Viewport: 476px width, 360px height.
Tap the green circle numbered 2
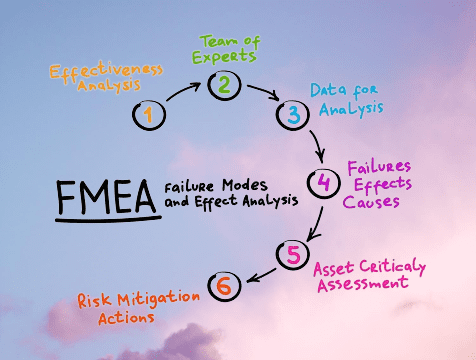coord(223,85)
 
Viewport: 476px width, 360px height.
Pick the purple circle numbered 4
coord(322,183)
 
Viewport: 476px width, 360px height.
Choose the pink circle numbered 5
coord(292,254)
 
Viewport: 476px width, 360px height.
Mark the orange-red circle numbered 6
coord(223,286)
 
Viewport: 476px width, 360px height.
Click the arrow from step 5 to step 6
coord(259,273)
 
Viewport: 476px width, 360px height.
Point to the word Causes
coord(369,202)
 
